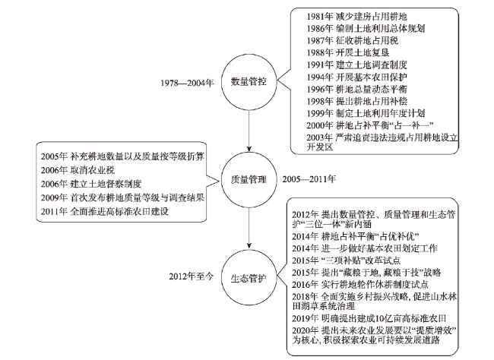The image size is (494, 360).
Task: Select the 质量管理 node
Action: (249, 179)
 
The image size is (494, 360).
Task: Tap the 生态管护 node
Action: (249, 279)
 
